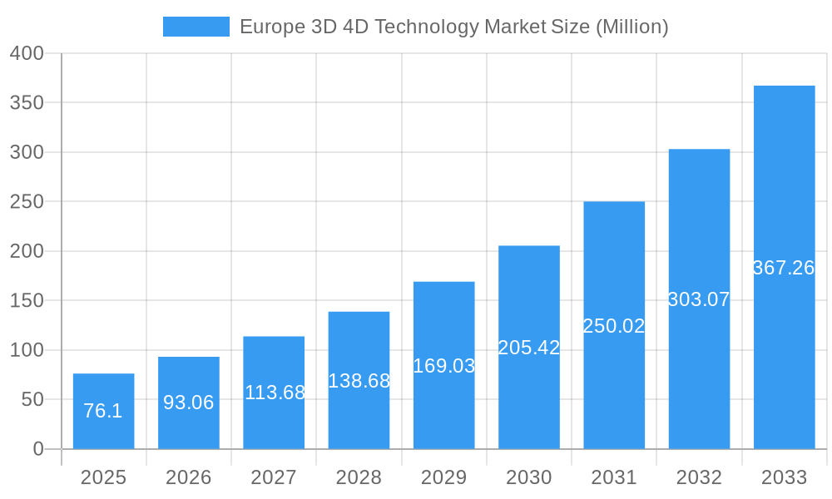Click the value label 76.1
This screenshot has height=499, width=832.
[x=103, y=411]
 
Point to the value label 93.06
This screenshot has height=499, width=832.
[x=189, y=403]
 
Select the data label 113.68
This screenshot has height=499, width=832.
[x=275, y=393]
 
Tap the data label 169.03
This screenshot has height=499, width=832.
[x=444, y=366]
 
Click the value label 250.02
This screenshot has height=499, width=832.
[x=614, y=326]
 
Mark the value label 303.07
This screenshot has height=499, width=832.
[x=699, y=299]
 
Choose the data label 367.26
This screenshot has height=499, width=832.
[x=784, y=268]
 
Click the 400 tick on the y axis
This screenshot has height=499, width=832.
[x=27, y=53]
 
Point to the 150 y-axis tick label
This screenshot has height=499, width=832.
[x=27, y=300]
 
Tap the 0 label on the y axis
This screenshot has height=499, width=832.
[x=38, y=449]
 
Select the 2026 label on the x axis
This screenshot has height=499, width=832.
[x=189, y=477]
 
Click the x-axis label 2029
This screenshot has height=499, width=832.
[x=444, y=477]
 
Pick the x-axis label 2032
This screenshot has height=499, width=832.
[x=699, y=477]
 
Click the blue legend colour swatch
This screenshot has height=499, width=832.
[x=196, y=27]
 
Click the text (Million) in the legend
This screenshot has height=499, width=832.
[x=632, y=27]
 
